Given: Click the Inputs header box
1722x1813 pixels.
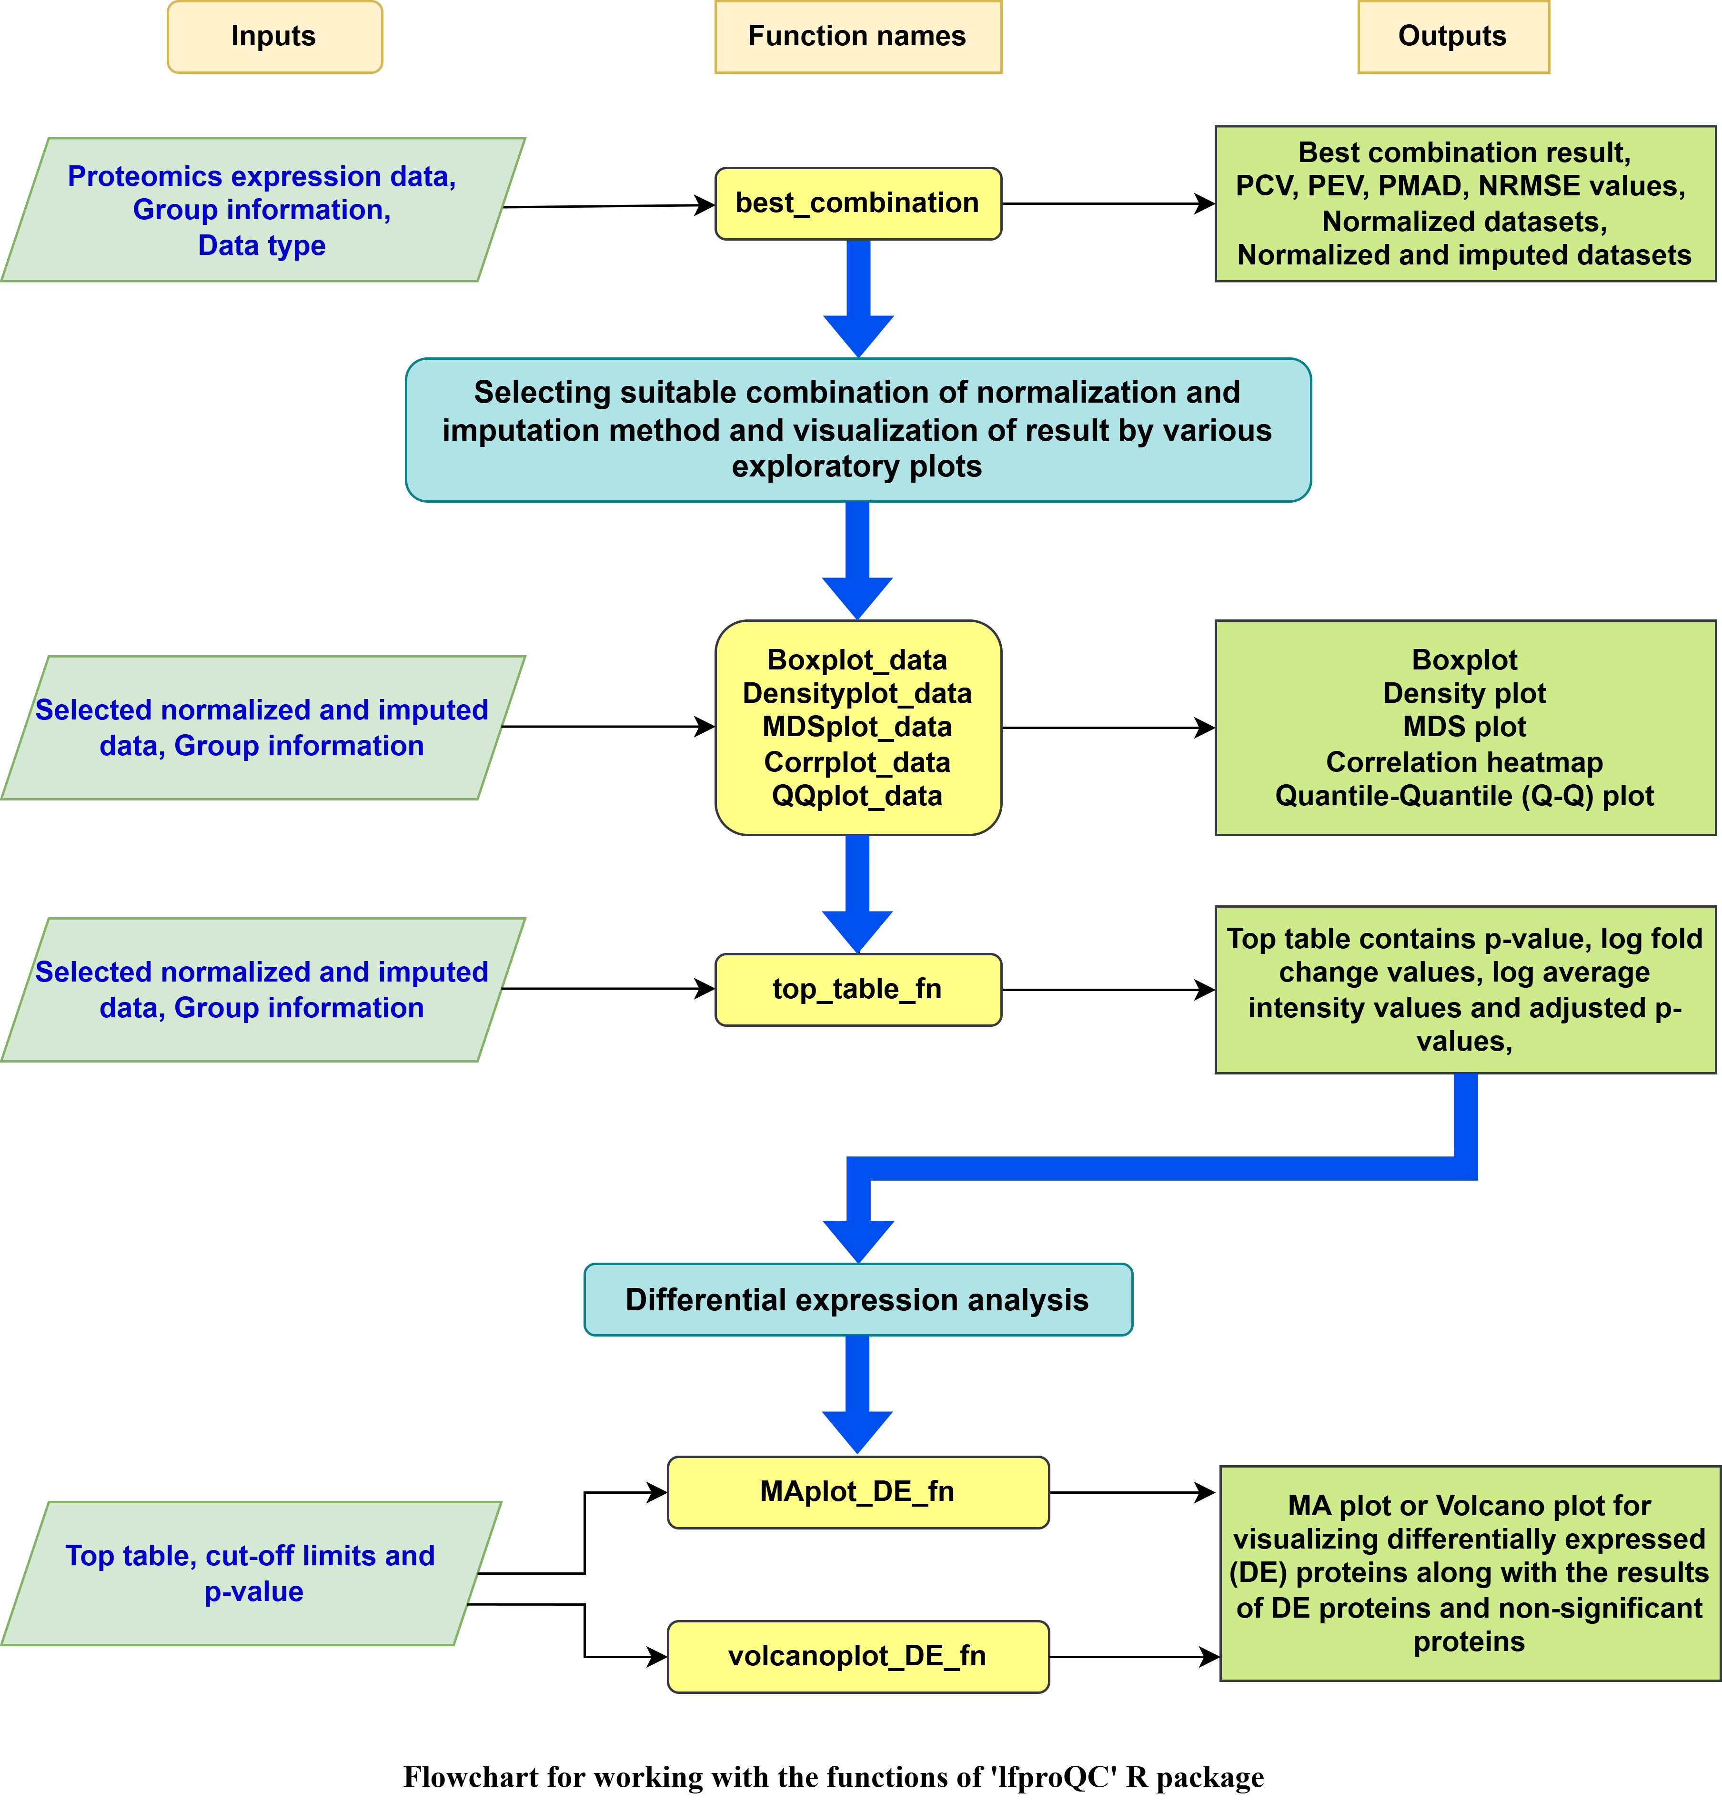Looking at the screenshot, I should [x=273, y=37].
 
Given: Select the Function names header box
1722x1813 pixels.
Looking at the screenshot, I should [x=857, y=37].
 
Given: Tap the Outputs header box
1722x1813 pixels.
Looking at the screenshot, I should [x=1452, y=37].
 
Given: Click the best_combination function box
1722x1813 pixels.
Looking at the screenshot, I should [x=857, y=203].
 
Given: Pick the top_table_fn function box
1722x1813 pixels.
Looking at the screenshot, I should [x=857, y=989].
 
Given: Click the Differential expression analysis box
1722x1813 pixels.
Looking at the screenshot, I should [x=857, y=1299].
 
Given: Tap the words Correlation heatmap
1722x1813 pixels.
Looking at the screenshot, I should [x=1464, y=762].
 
